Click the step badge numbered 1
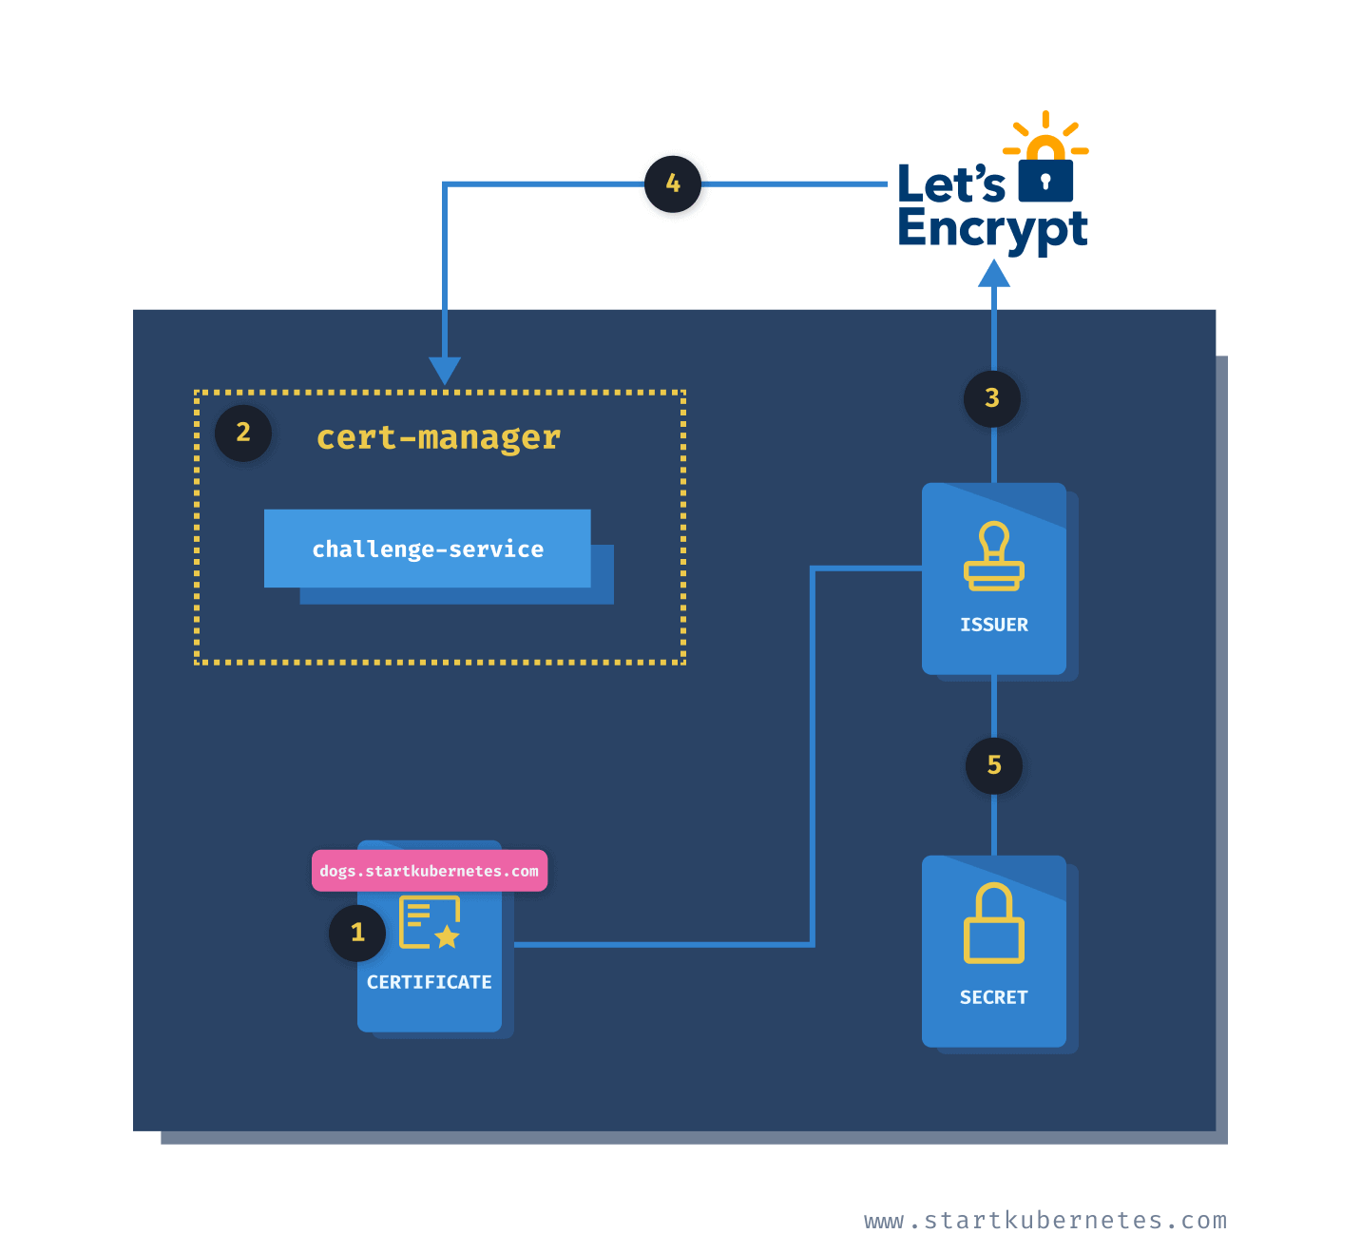[x=357, y=933]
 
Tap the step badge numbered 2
[x=243, y=433]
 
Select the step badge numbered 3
[x=992, y=398]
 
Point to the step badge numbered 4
[x=673, y=183]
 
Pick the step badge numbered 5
[x=994, y=765]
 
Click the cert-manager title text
[x=438, y=437]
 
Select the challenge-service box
[x=428, y=549]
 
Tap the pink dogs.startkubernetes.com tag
[x=430, y=871]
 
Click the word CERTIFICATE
[x=430, y=982]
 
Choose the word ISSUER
[x=994, y=625]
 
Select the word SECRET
[x=994, y=997]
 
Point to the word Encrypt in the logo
[x=992, y=229]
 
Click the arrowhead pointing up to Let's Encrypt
[x=994, y=274]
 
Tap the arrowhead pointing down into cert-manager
[x=445, y=370]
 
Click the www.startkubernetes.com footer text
[x=1045, y=1221]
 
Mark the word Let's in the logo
[x=951, y=183]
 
